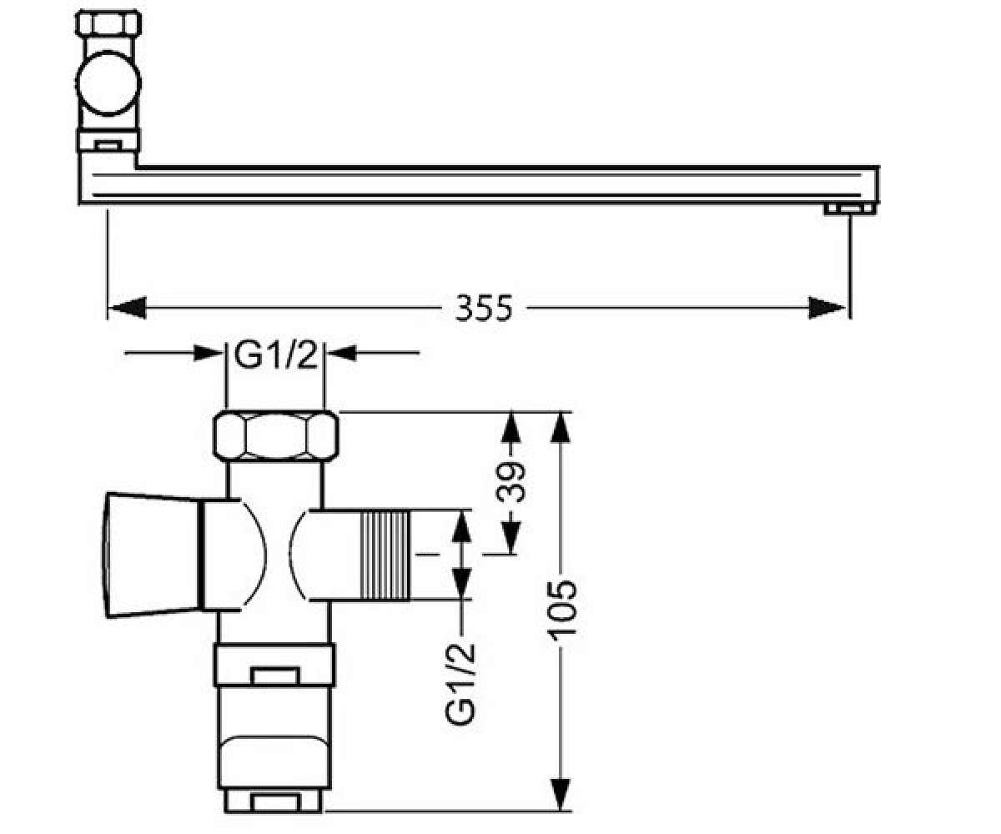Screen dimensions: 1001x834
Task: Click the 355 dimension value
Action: pyautogui.click(x=484, y=308)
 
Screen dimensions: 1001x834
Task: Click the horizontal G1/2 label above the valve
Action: pyautogui.click(x=275, y=355)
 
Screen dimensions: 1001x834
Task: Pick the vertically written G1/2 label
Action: pyautogui.click(x=460, y=684)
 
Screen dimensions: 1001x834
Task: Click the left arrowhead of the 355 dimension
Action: pyautogui.click(x=127, y=308)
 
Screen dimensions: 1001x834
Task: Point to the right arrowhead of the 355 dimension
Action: pyautogui.click(x=828, y=308)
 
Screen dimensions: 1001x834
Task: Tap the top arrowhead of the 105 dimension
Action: pyautogui.click(x=561, y=427)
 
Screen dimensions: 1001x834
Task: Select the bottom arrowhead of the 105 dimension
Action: pyautogui.click(x=561, y=794)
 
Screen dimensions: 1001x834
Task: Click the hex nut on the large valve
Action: pyautogui.click(x=276, y=436)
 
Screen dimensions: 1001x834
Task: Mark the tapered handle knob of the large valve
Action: pyautogui.click(x=152, y=555)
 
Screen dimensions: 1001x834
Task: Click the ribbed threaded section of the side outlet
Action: pyautogui.click(x=385, y=555)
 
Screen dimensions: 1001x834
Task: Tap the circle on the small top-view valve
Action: pyautogui.click(x=108, y=83)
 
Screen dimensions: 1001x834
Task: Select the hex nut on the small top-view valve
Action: pyautogui.click(x=108, y=23)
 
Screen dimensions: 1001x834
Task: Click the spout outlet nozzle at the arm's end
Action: pyautogui.click(x=850, y=209)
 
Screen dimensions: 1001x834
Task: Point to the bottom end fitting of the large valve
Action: pyautogui.click(x=274, y=800)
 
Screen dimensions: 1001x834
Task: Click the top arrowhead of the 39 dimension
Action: pyautogui.click(x=511, y=428)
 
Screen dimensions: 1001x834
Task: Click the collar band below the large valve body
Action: pyautogui.click(x=274, y=665)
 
